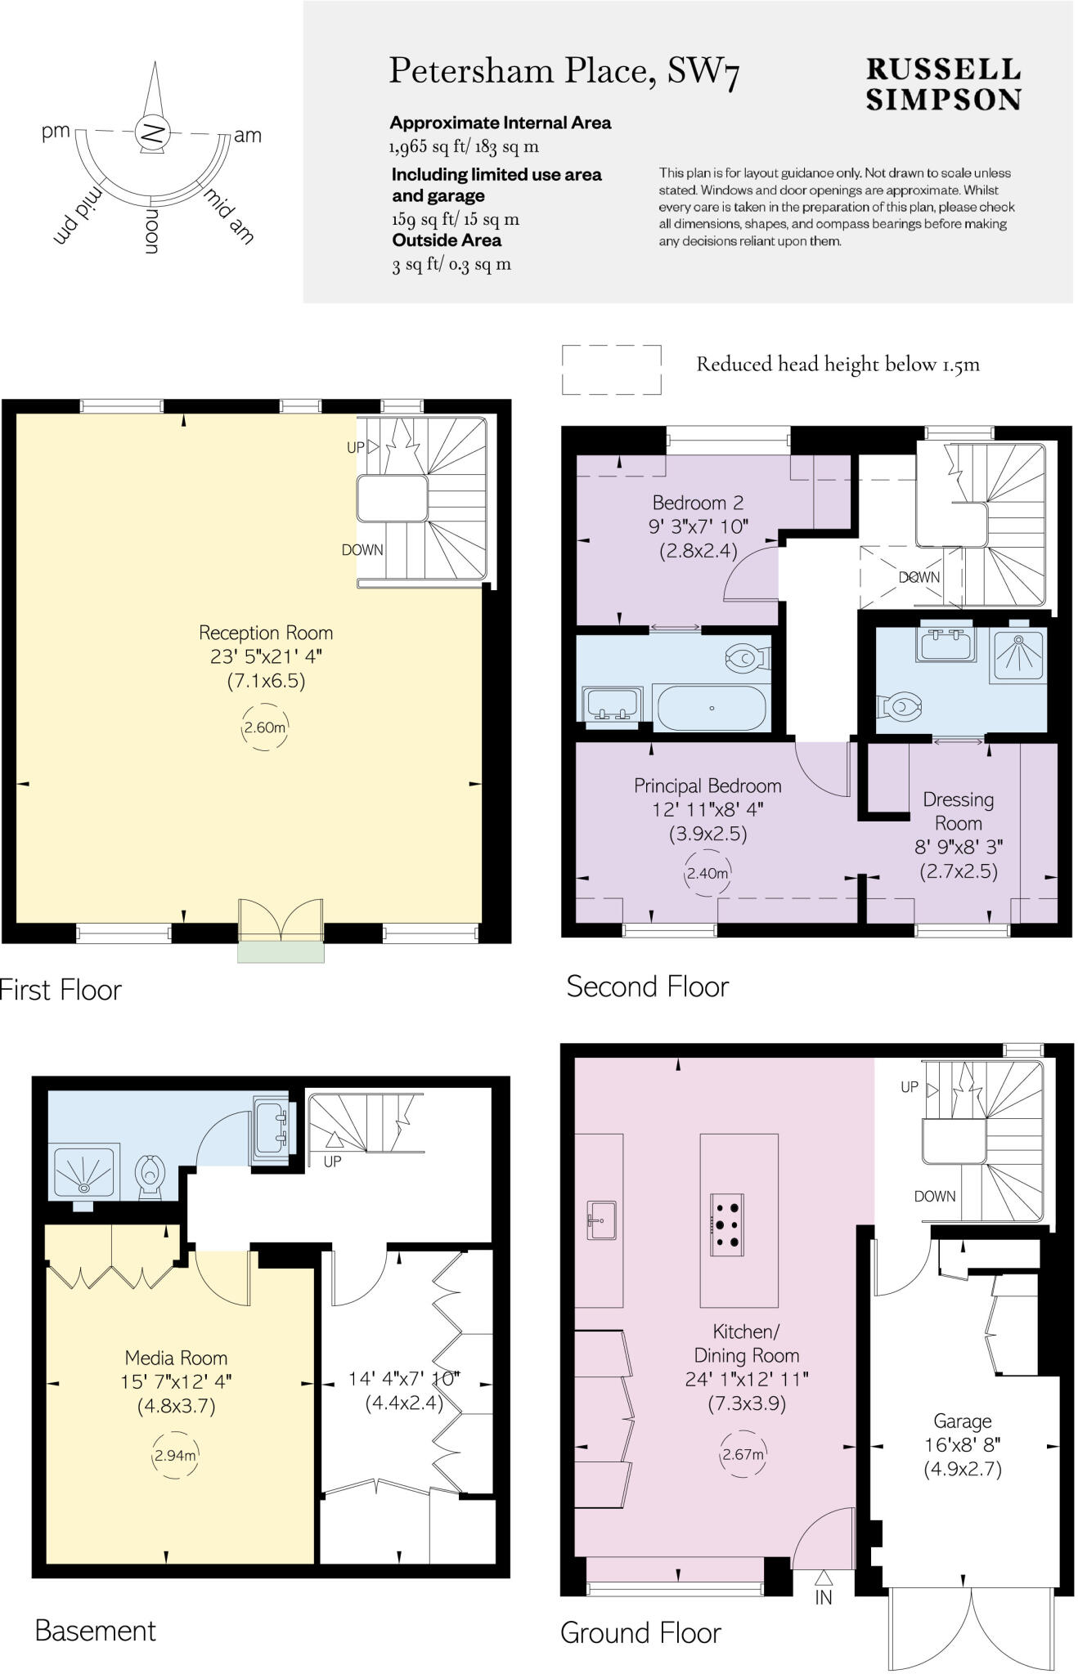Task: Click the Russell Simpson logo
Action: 943,84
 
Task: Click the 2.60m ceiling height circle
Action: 265,727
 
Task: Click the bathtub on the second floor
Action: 712,708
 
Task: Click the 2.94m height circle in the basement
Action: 175,1455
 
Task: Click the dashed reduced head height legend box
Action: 611,369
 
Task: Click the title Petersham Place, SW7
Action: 564,71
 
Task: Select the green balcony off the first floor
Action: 281,951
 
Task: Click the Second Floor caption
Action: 647,987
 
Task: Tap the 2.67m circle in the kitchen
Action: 743,1454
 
